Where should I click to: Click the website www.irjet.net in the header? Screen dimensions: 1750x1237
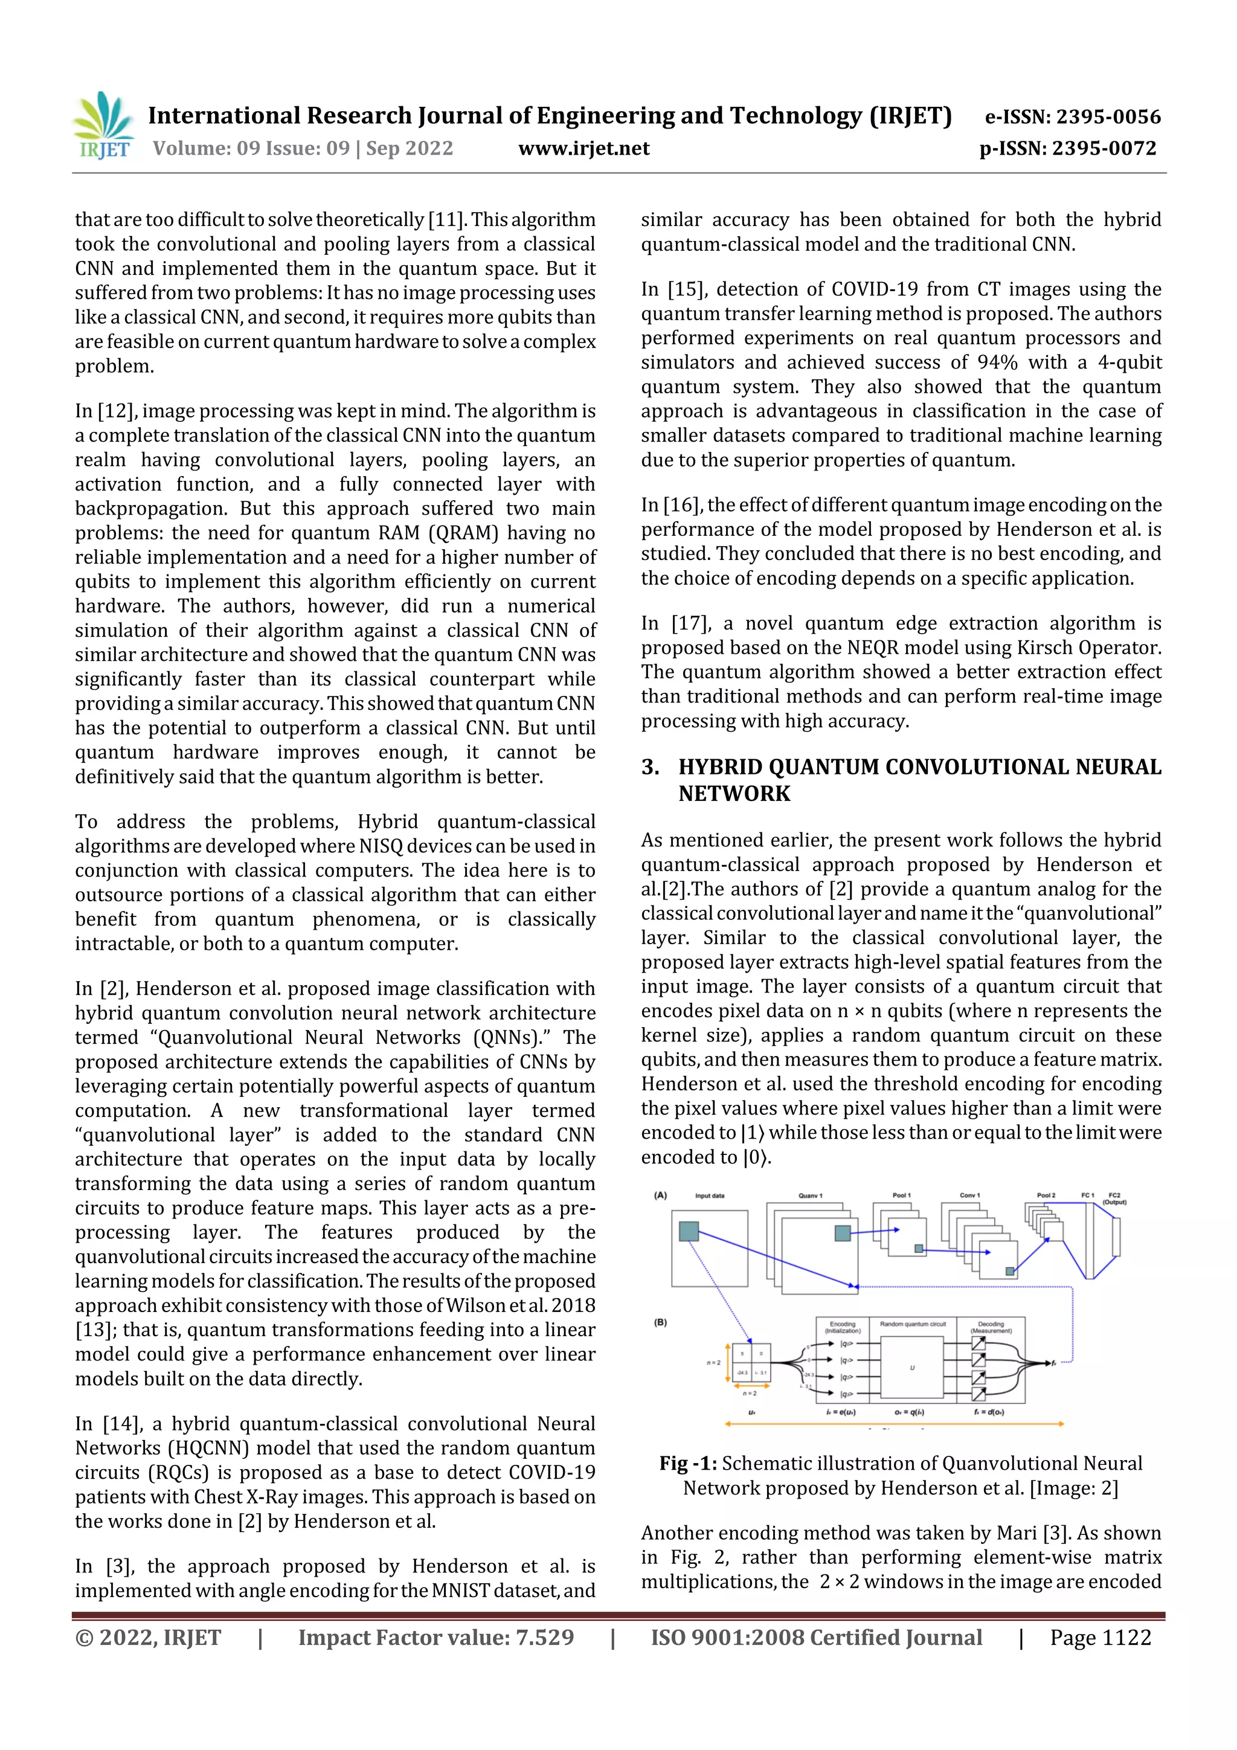point(584,149)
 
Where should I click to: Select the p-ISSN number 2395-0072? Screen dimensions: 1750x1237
point(1104,149)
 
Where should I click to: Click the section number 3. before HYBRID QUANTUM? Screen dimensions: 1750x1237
point(650,767)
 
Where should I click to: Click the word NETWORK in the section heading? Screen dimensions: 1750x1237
point(734,794)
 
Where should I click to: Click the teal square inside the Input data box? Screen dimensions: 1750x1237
point(688,1231)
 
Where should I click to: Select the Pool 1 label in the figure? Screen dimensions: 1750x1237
point(902,1195)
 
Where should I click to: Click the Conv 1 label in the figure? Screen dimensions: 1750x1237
point(969,1195)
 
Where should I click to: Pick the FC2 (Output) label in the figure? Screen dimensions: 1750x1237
point(1114,1198)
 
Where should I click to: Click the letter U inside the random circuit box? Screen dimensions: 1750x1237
point(912,1368)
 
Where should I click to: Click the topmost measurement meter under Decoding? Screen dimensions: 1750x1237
point(978,1343)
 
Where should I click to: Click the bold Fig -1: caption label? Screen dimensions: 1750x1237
point(687,1464)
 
